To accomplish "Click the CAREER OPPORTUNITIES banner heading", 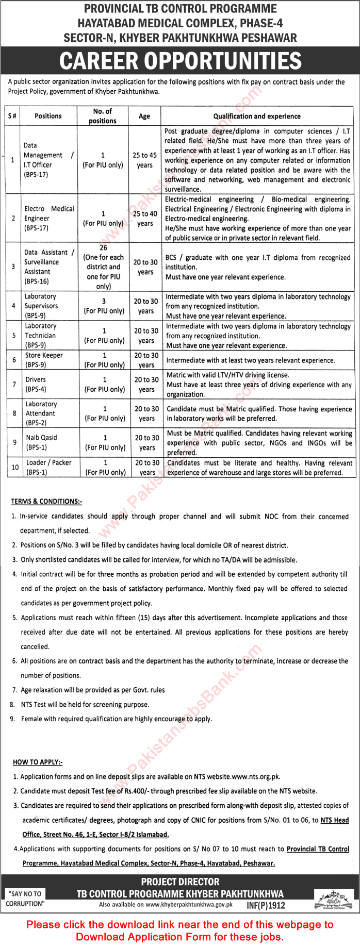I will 180,61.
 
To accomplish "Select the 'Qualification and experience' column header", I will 257,117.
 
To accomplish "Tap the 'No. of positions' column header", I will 103,116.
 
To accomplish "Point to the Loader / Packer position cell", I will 48,467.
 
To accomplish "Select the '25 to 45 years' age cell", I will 144,160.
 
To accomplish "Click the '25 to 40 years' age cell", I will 145,219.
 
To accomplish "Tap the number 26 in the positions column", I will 104,247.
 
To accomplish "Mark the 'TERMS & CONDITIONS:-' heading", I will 46,501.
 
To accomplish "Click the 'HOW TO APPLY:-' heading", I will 38,762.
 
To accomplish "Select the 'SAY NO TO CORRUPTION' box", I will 25,899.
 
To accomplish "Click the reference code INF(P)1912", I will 265,905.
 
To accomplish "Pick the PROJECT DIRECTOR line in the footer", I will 180,882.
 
